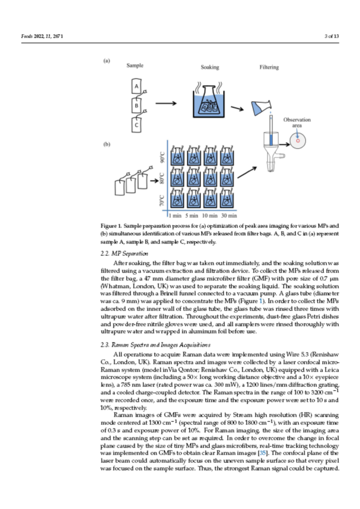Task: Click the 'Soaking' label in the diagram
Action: (x=210, y=67)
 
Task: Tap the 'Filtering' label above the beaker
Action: (x=269, y=67)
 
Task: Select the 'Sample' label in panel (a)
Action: (x=135, y=65)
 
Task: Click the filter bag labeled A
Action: (x=136, y=86)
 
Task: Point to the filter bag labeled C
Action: (x=136, y=125)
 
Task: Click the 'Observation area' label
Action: (x=297, y=123)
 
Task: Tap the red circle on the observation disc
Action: (x=298, y=141)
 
